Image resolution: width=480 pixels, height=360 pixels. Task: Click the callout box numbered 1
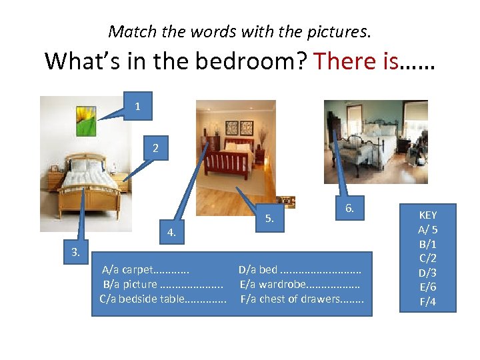click(137, 106)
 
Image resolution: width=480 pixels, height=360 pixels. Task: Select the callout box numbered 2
click(155, 148)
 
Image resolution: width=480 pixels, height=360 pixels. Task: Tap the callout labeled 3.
click(76, 252)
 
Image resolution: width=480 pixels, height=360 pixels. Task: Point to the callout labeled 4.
click(171, 233)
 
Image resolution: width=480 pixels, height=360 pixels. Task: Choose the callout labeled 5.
click(269, 218)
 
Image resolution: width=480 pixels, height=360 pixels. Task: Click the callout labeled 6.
click(349, 209)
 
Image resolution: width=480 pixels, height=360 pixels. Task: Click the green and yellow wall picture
click(87, 121)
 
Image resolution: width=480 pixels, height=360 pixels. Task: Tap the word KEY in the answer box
click(427, 215)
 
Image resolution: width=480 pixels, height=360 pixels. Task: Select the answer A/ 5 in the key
click(427, 229)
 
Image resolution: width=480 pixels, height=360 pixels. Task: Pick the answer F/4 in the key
click(427, 302)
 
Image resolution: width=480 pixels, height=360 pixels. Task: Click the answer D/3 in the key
click(427, 273)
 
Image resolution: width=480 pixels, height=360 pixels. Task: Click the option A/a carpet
click(145, 270)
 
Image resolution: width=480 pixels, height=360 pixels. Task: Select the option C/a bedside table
click(163, 299)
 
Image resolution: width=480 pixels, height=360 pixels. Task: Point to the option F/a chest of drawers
click(302, 299)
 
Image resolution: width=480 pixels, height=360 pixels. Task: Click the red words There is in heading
click(355, 61)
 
